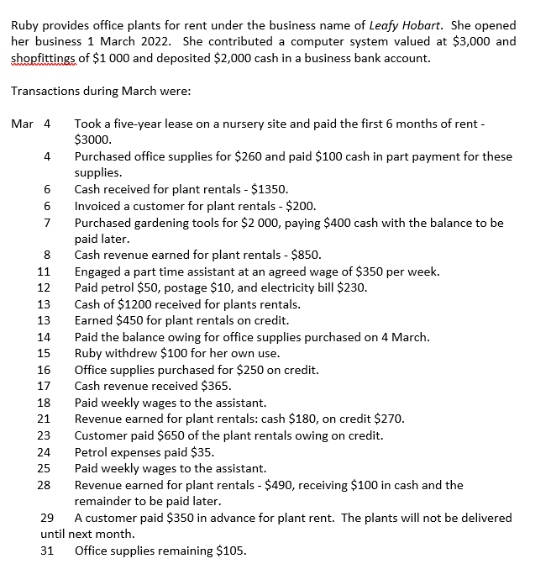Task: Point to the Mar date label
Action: (x=22, y=124)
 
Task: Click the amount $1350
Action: (x=270, y=190)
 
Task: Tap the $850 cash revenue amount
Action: (x=302, y=256)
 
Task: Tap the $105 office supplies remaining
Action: (x=229, y=551)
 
